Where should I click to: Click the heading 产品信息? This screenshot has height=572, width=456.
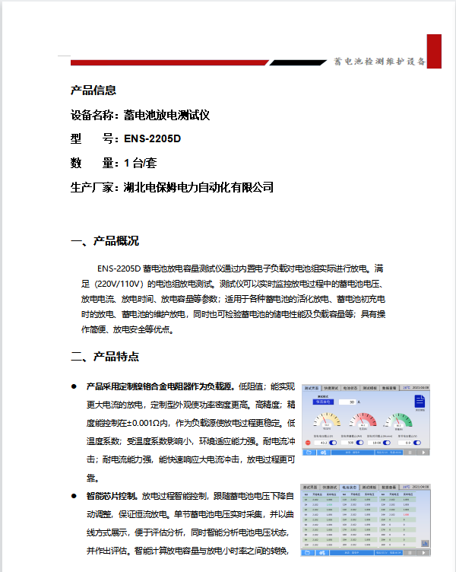(93, 91)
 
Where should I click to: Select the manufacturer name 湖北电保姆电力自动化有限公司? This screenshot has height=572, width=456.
(198, 187)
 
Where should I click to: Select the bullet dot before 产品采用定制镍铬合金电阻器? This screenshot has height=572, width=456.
(74, 386)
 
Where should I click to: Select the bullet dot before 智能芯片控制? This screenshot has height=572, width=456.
(74, 496)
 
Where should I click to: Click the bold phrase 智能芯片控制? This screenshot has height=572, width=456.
(112, 496)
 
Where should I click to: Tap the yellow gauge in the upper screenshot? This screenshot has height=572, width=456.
(327, 421)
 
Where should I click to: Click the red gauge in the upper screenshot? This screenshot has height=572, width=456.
(363, 421)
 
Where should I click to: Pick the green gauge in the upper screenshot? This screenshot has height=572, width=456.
(398, 421)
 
